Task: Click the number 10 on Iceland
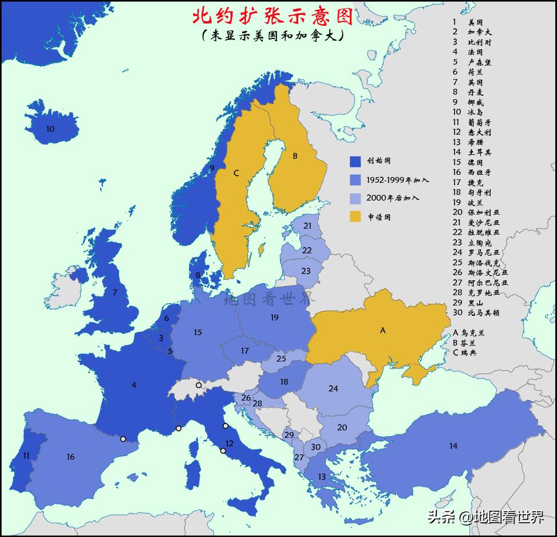coord(50,129)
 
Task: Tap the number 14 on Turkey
coord(453,445)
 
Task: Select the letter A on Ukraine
coord(383,330)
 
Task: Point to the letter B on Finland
coord(295,155)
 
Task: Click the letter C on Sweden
coord(236,173)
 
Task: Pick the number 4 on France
coord(134,385)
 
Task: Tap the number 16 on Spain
coord(70,457)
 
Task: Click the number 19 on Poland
coord(274,317)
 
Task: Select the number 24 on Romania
coord(333,389)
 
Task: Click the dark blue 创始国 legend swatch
coord(355,162)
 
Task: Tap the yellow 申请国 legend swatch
coord(355,217)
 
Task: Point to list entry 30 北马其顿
coord(472,313)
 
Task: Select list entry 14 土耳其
coord(472,152)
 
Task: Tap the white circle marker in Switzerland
coord(199,385)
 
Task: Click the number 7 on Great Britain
coord(114,292)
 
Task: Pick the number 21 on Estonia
coord(307,226)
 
